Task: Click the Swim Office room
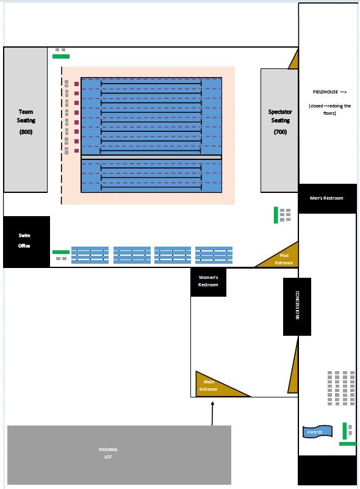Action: pyautogui.click(x=26, y=241)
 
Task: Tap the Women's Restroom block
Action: pyautogui.click(x=208, y=282)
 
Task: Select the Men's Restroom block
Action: pyautogui.click(x=327, y=198)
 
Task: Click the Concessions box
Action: pyautogui.click(x=297, y=306)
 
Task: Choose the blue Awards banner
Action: pyautogui.click(x=317, y=432)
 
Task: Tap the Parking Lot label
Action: pyautogui.click(x=108, y=453)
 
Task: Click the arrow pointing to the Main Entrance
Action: pyautogui.click(x=212, y=413)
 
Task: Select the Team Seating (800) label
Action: pyautogui.click(x=26, y=121)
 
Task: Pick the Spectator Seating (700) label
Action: pyautogui.click(x=280, y=121)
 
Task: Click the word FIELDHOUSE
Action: pyautogui.click(x=325, y=92)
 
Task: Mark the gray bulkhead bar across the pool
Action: pyautogui.click(x=151, y=157)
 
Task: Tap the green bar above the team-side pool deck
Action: pyautogui.click(x=61, y=56)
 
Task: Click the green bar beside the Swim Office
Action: pyautogui.click(x=61, y=252)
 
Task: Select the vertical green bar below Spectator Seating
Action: pyautogui.click(x=276, y=215)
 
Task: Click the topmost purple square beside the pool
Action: pyautogui.click(x=77, y=84)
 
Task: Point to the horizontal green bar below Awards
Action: pyautogui.click(x=348, y=444)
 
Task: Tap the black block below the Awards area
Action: pyautogui.click(x=327, y=470)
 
